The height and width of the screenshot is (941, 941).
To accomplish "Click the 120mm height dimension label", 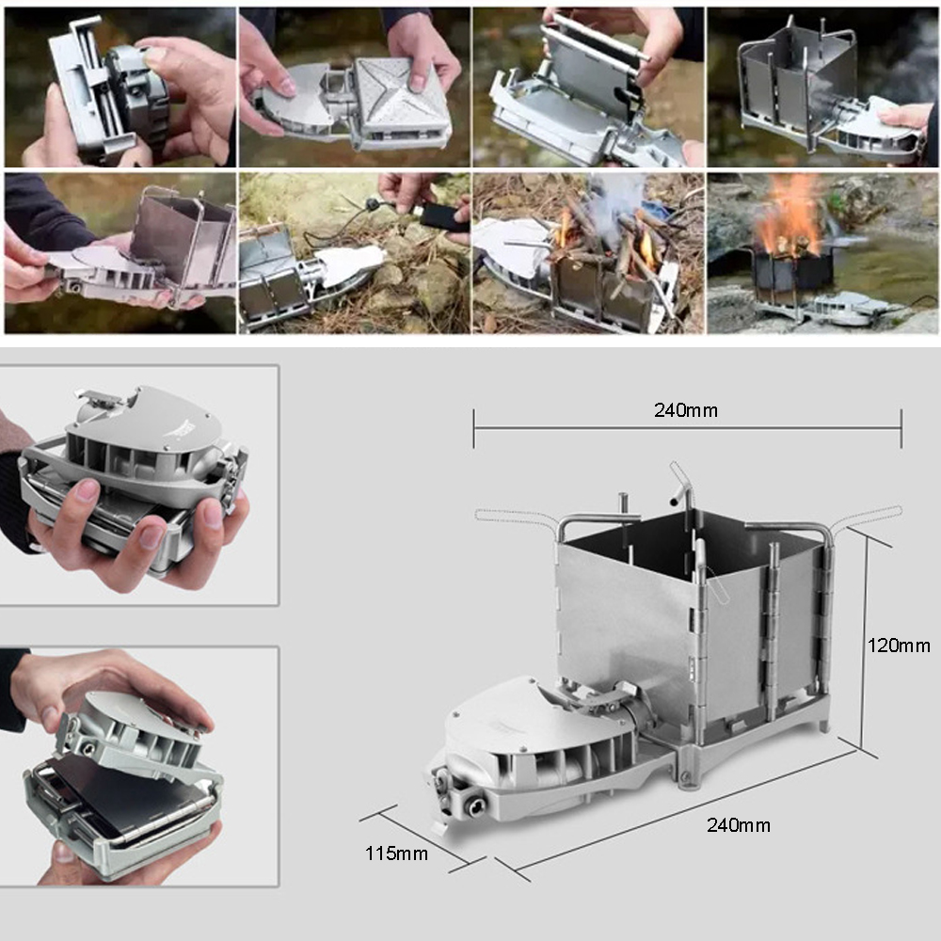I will click(898, 646).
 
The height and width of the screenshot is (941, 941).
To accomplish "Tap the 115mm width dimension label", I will click(396, 853).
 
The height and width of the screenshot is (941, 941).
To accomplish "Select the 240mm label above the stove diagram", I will click(685, 410).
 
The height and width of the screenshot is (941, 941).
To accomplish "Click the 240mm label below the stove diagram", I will click(738, 825).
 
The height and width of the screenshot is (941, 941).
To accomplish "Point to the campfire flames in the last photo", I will click(789, 218).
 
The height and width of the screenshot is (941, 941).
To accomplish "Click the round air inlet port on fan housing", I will click(470, 805).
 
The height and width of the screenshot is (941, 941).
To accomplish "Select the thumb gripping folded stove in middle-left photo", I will click(88, 491).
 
